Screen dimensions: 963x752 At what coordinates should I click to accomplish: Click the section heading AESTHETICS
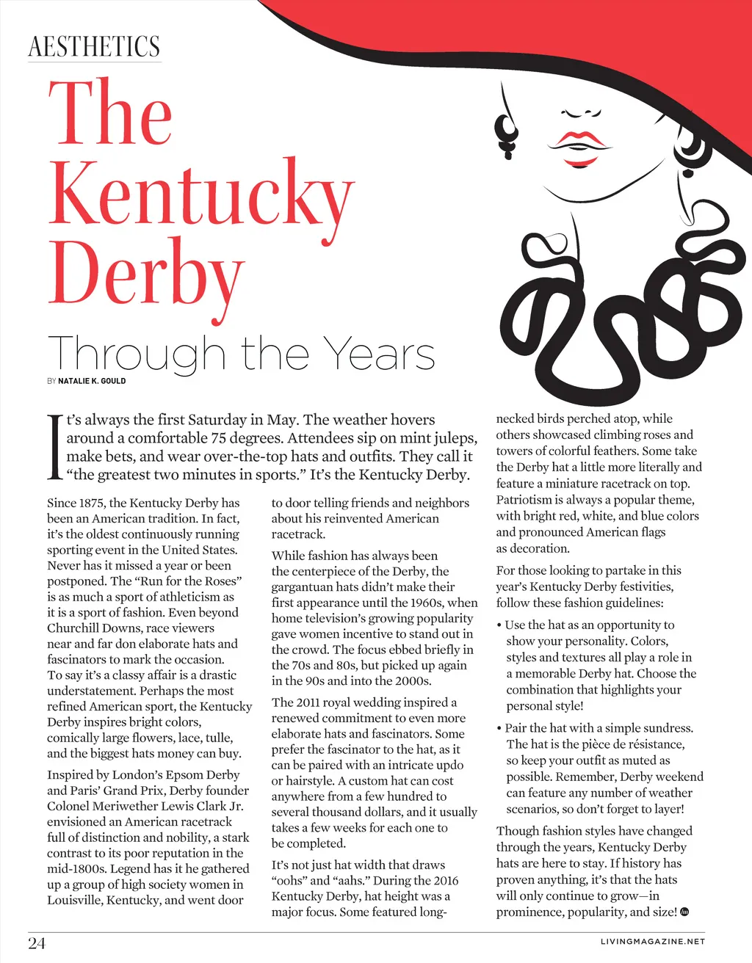pos(94,46)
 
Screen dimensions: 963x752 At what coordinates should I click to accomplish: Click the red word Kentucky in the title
pos(200,193)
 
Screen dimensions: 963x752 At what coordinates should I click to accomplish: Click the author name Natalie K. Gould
pos(92,381)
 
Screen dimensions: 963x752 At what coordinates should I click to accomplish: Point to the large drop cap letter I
pos(54,447)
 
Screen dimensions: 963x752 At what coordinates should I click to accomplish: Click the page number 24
pos(37,943)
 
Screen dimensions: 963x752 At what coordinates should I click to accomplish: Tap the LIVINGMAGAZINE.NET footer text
pos(652,942)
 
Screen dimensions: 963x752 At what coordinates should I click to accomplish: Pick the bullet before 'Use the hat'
pos(499,625)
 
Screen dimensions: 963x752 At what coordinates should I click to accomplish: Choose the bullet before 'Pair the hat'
pos(499,729)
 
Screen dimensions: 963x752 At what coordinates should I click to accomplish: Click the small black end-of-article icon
pos(685,912)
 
